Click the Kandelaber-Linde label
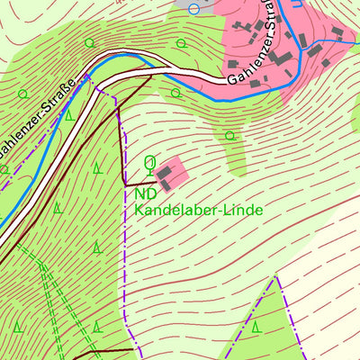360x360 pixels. tap(198, 210)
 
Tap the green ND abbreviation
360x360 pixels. tap(144, 193)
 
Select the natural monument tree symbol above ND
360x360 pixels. tap(149, 163)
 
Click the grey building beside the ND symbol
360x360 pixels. tap(167, 174)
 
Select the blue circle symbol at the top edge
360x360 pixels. tap(193, 8)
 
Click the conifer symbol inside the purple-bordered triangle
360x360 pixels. tap(256, 326)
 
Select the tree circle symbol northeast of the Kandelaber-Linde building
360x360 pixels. tap(230, 136)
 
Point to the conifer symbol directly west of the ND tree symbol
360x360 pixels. tap(97, 166)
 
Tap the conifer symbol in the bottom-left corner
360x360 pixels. tap(16, 338)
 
